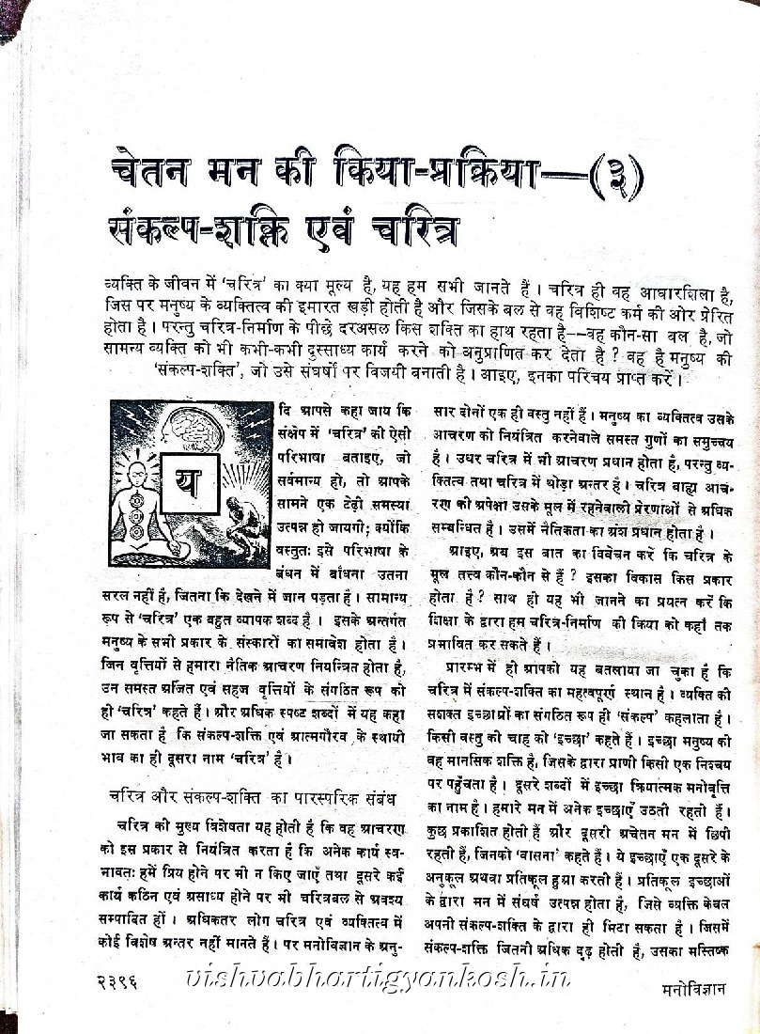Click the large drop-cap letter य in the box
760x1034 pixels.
[x=187, y=484]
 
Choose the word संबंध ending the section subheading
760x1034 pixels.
[x=379, y=798]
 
